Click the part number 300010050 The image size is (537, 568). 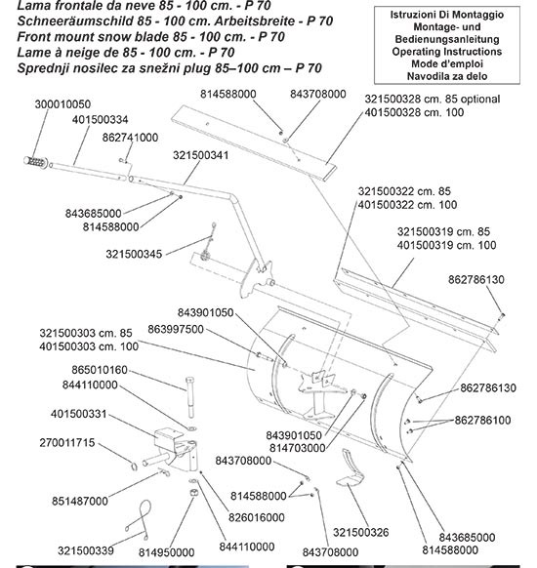coord(62,104)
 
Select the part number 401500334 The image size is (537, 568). coord(100,120)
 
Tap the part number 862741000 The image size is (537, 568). coord(130,138)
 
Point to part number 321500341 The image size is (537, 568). coord(201,155)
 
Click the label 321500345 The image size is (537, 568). coord(134,254)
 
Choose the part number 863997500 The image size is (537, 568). coord(176,329)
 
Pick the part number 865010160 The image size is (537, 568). coord(100,370)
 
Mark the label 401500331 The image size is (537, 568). coord(79,414)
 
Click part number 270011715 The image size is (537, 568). coord(67,443)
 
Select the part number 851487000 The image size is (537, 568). coord(80,501)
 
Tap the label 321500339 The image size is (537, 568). coord(86,551)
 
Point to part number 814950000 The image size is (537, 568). coord(166,552)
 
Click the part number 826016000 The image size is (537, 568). coord(257,517)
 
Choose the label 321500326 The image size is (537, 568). coord(361,533)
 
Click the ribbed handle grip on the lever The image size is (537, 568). coord(35,162)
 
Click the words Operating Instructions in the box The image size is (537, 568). coord(447,52)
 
